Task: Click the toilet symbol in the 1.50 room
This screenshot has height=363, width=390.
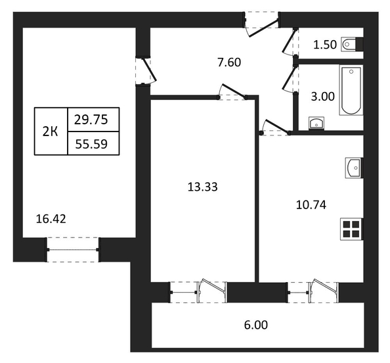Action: click(352, 44)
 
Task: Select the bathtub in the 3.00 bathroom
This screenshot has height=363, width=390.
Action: click(351, 90)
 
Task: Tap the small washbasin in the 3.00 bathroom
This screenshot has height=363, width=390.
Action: click(316, 123)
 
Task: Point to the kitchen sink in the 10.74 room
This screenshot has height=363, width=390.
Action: click(354, 168)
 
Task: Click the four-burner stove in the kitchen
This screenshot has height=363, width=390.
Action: click(351, 229)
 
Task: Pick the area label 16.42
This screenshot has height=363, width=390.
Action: click(51, 219)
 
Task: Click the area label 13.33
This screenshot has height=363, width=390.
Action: click(202, 187)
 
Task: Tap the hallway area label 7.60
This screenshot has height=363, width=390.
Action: click(229, 62)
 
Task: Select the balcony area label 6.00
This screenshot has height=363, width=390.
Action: click(256, 325)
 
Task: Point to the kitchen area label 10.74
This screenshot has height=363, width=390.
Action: click(311, 205)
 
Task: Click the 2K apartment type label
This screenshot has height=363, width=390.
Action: click(51, 132)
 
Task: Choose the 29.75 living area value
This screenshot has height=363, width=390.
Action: click(91, 120)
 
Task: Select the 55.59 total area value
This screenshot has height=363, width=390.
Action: click(91, 144)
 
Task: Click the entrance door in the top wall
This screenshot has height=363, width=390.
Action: click(262, 24)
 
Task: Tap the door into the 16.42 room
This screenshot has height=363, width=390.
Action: click(146, 71)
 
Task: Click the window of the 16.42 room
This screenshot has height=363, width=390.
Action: click(73, 250)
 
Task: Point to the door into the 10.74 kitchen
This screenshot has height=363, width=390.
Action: click(275, 127)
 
